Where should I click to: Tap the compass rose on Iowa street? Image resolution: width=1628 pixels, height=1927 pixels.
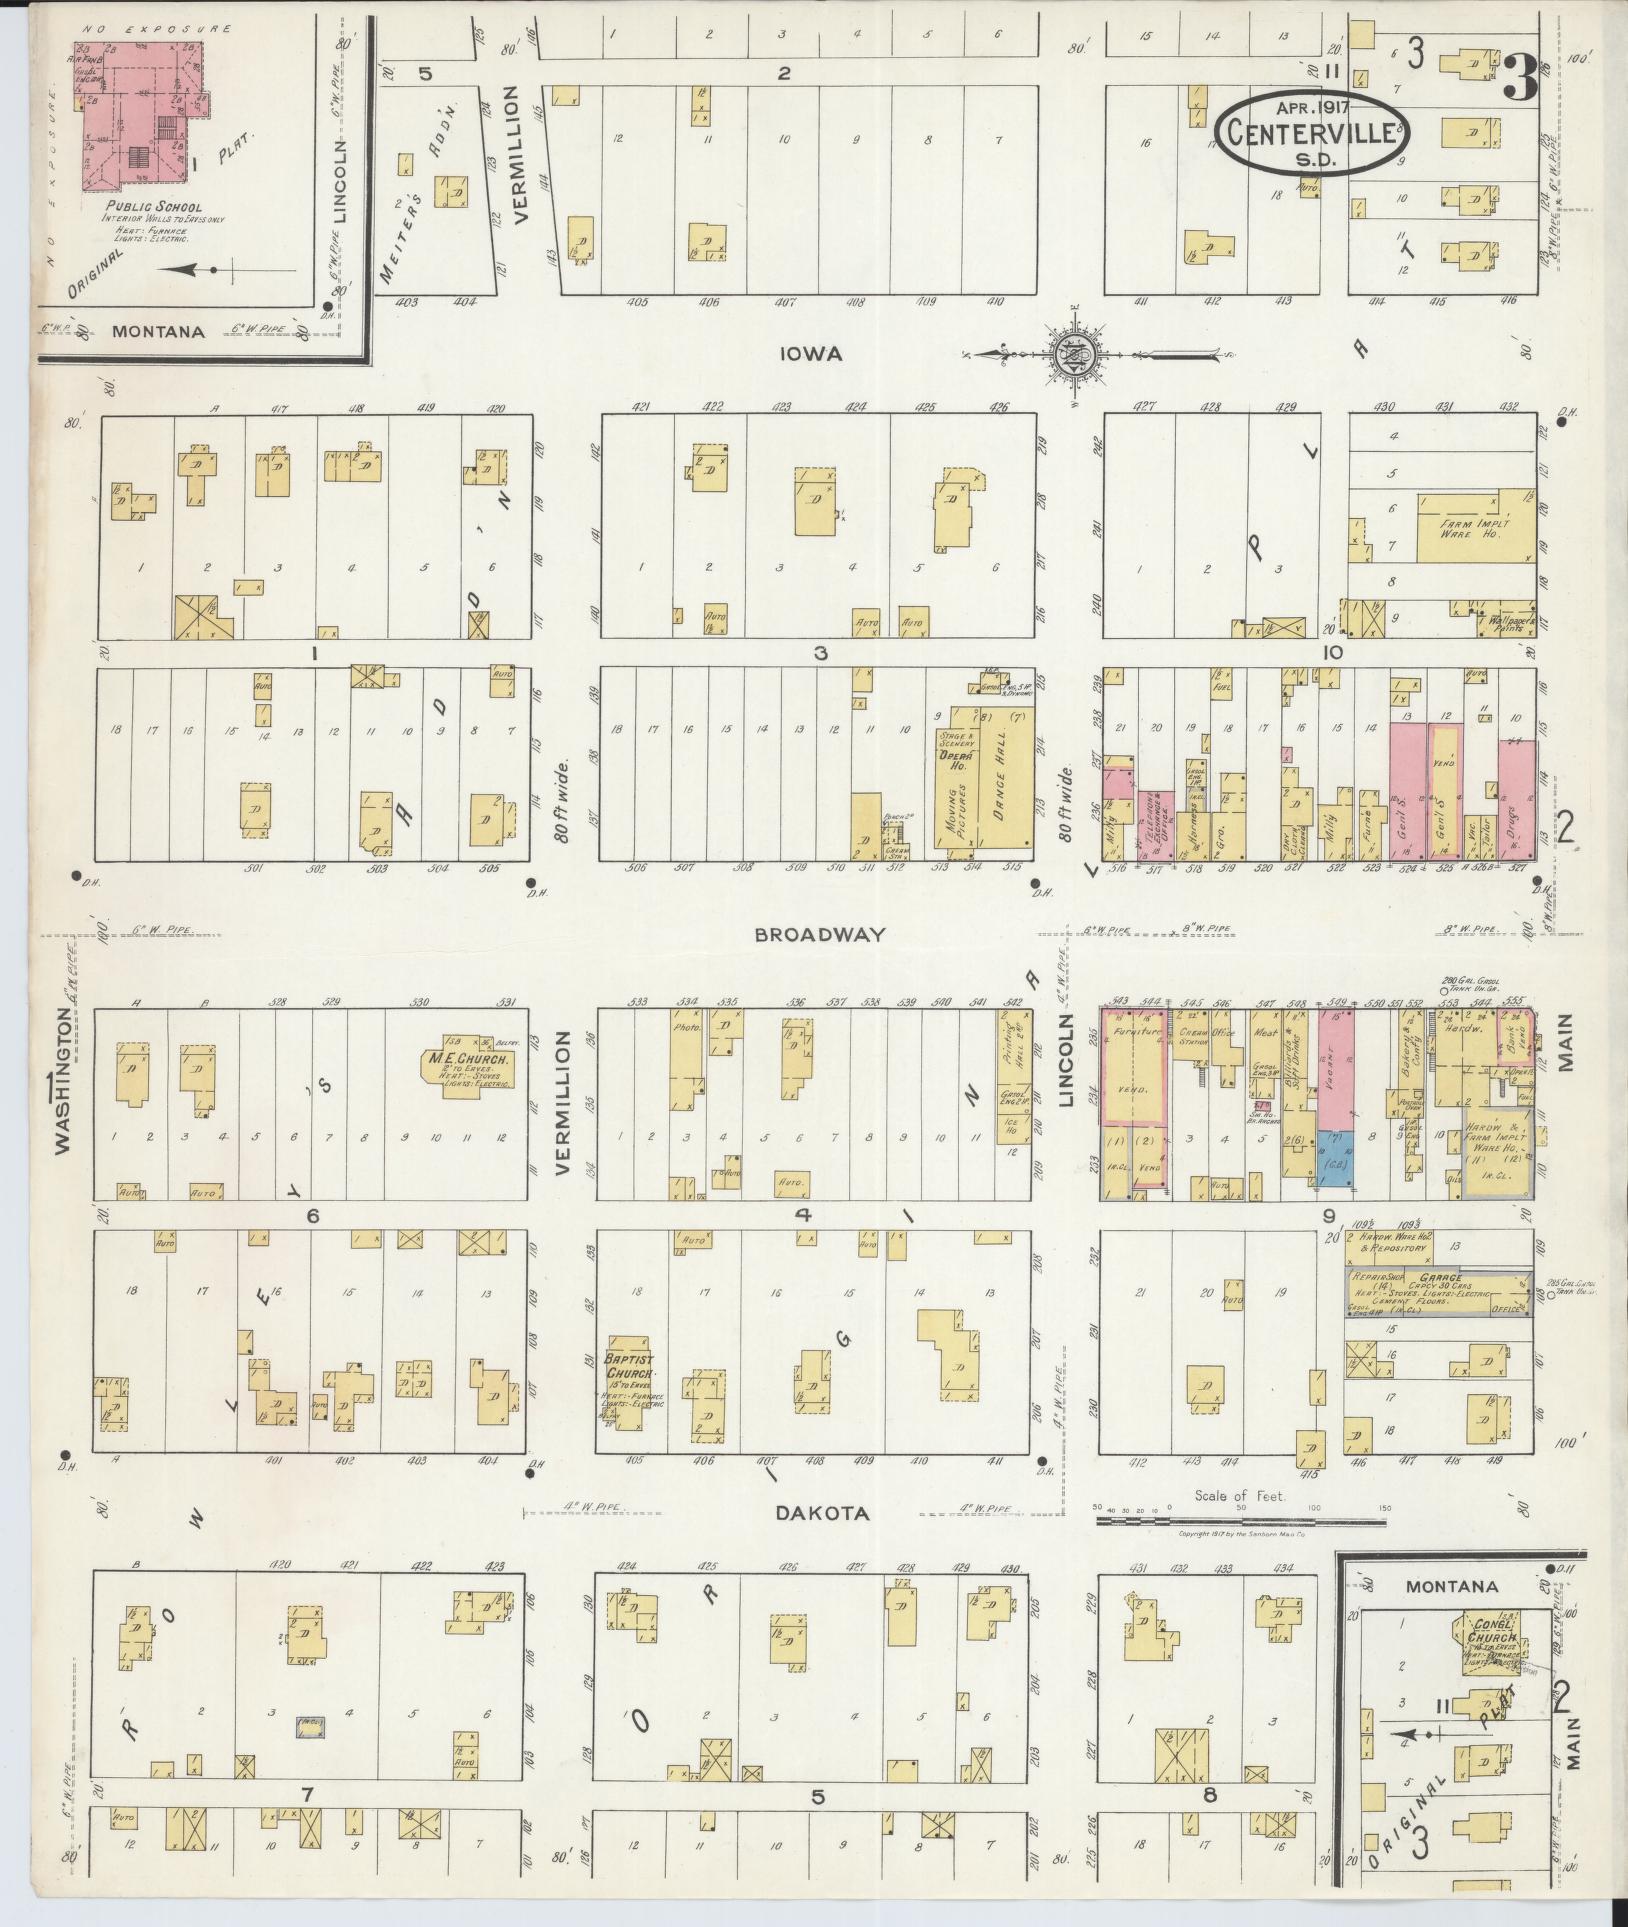pyautogui.click(x=1073, y=353)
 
